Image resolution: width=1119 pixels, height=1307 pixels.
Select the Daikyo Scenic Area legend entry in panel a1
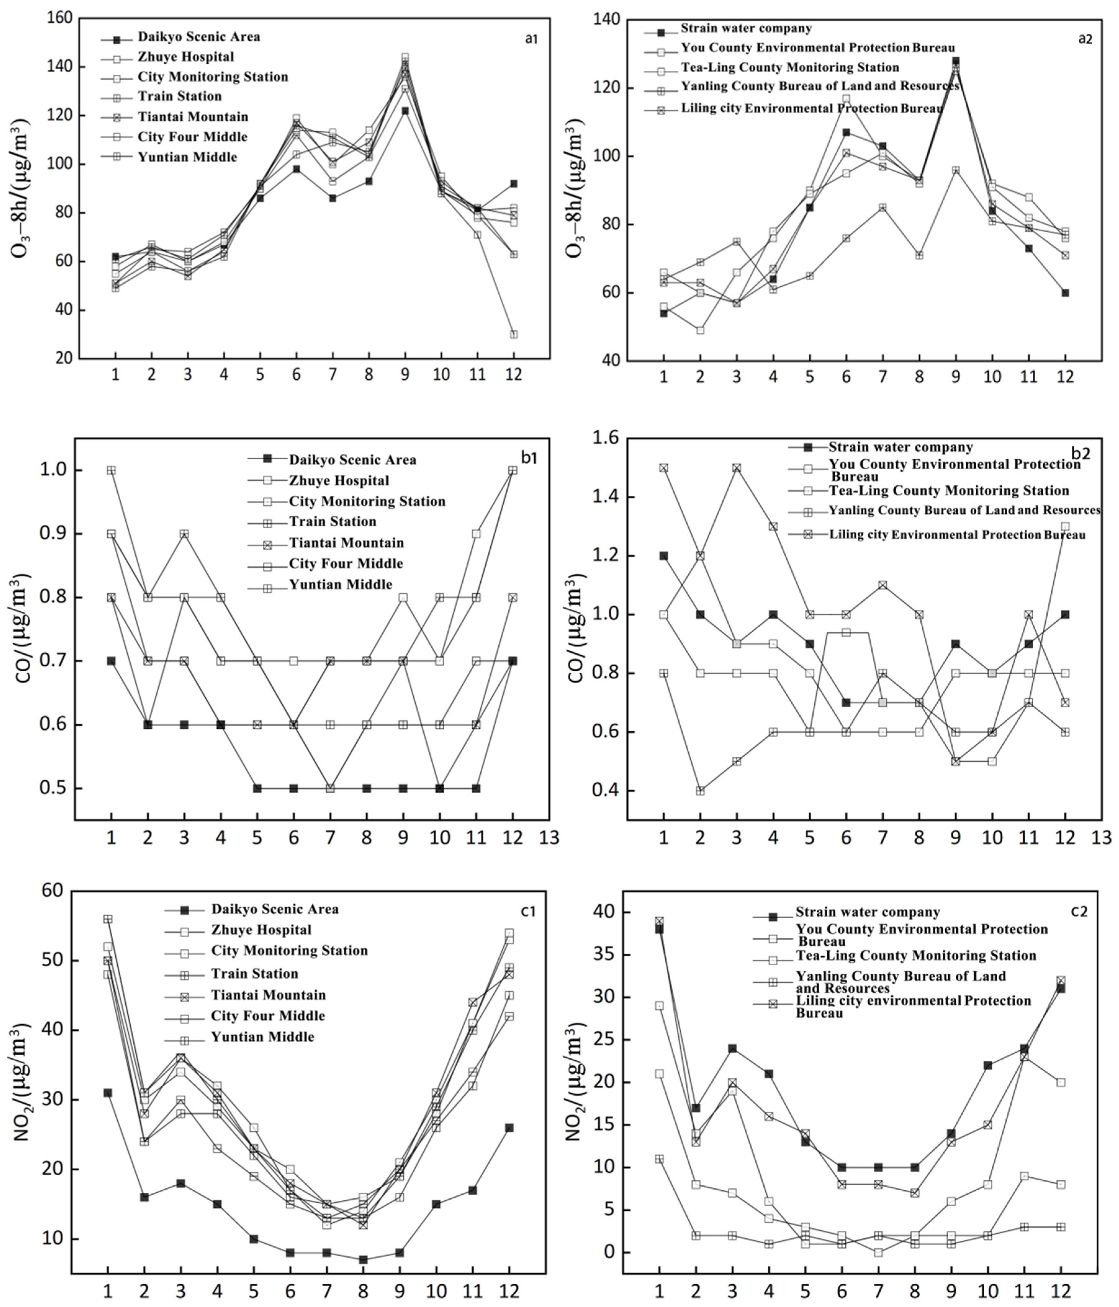[199, 37]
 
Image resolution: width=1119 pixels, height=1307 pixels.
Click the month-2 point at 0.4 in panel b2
[699, 791]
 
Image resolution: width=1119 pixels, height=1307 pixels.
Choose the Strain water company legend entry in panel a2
[746, 28]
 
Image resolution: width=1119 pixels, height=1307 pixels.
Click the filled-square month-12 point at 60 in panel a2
[1065, 293]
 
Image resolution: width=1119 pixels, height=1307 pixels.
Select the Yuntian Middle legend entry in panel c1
[263, 1036]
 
